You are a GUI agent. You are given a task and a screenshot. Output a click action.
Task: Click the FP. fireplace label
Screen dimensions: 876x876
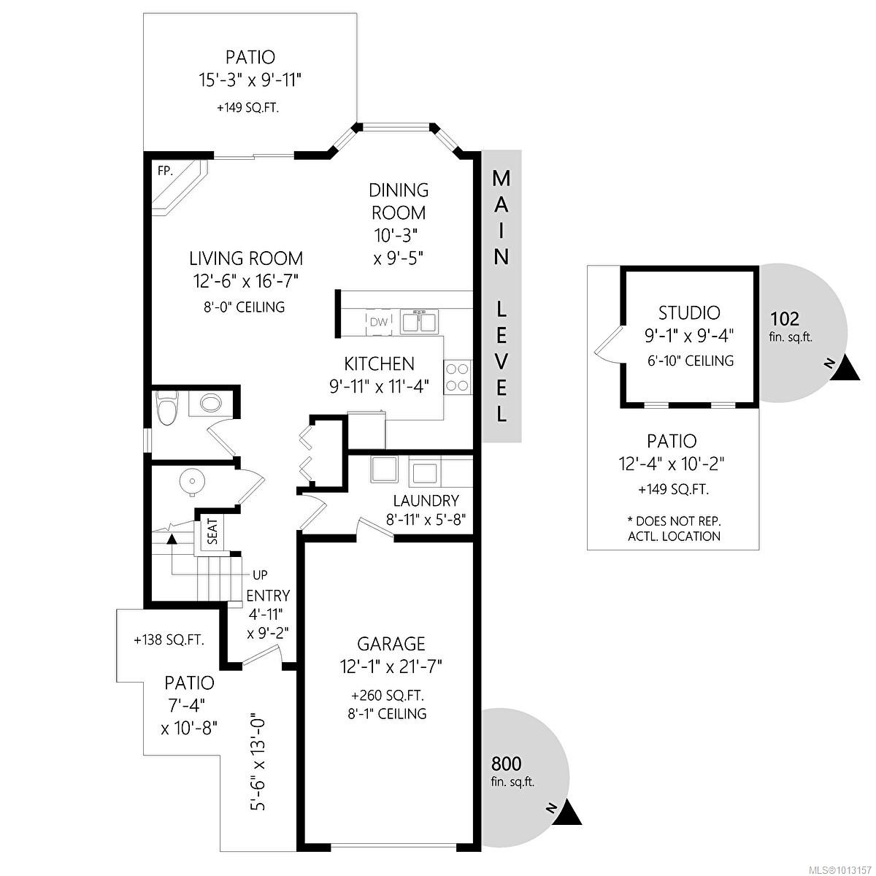coord(165,171)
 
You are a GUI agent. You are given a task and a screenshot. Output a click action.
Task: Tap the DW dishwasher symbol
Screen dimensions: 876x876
coord(378,322)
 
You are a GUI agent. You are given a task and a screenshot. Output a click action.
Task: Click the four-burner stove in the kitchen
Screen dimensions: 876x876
coord(457,377)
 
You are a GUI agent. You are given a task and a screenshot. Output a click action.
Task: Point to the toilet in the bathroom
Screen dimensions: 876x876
coord(167,407)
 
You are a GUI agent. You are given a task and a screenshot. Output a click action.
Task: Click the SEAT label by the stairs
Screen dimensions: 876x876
coord(212,532)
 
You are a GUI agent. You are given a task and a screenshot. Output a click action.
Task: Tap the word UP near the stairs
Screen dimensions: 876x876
coord(260,575)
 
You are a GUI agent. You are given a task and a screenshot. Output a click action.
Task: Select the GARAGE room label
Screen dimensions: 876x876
coord(391,644)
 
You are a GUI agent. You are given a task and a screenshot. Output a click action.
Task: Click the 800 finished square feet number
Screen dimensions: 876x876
coord(507,764)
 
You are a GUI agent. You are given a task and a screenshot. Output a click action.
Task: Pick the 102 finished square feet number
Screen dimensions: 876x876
coord(785,319)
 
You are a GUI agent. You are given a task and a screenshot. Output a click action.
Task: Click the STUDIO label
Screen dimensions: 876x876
coord(689,312)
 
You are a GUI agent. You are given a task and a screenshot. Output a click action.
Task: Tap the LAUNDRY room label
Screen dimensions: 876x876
coord(426,501)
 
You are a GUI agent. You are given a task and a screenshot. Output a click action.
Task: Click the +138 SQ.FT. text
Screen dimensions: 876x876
coord(169,640)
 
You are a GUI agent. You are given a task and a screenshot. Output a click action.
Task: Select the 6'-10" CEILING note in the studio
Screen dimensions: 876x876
coord(691,361)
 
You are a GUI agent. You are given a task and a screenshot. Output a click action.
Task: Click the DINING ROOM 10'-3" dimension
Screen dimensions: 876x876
coord(395,236)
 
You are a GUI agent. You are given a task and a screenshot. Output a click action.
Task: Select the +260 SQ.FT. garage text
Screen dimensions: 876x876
coord(388,696)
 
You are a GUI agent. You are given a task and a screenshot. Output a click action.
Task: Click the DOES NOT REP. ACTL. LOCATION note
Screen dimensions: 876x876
coord(674,529)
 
